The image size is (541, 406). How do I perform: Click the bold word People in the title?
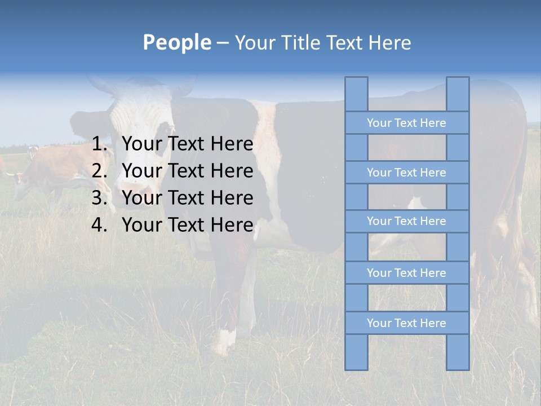click(x=176, y=42)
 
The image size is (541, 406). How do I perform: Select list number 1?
click(x=99, y=144)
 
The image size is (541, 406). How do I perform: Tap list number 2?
click(x=99, y=171)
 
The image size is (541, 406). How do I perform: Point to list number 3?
click(x=99, y=198)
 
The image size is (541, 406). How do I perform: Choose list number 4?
click(x=99, y=225)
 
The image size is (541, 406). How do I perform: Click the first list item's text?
click(x=187, y=144)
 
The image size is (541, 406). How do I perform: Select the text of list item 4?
click(x=187, y=225)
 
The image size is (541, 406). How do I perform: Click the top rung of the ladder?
click(x=406, y=123)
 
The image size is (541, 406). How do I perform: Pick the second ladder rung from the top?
click(x=406, y=173)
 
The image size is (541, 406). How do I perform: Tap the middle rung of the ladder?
click(x=406, y=221)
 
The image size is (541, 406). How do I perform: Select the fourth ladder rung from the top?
click(x=406, y=273)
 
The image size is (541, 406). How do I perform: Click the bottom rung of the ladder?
click(x=406, y=323)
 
